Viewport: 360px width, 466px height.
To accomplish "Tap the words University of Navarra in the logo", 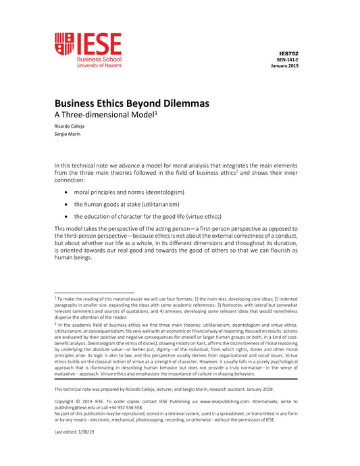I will pos(99,66).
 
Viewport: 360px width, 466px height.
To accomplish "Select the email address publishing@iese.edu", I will pos(79,407).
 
